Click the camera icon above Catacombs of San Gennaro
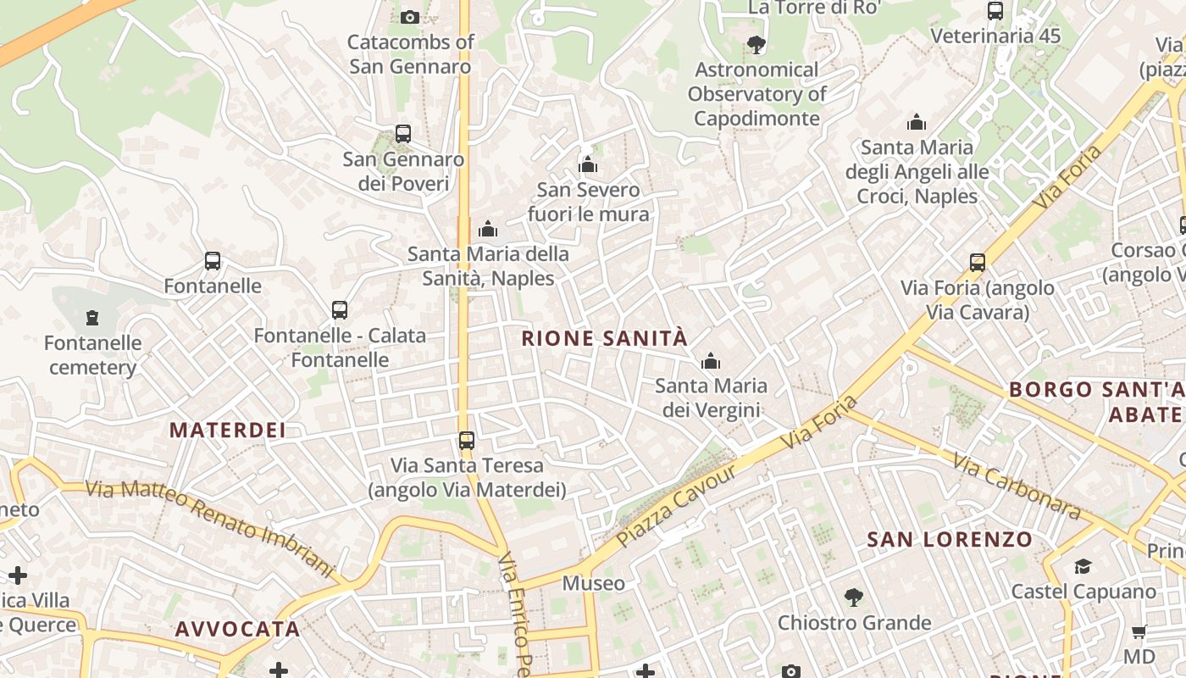coord(409,17)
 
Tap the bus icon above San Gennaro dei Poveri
coord(403,134)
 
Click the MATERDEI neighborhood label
coord(227,430)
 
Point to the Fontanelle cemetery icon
coord(92,318)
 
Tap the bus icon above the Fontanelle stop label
coord(213,261)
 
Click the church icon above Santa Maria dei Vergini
coord(711,362)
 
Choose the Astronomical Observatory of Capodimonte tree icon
coord(756,45)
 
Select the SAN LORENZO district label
coord(950,540)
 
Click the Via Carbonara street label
coord(1017,486)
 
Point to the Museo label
coord(594,583)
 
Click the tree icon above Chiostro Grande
coord(854,597)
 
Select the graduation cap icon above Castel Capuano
coord(1083,566)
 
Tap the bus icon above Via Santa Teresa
coord(467,440)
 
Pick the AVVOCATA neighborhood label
coord(237,629)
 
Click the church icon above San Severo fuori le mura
coord(588,164)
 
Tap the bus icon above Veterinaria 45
coord(995,11)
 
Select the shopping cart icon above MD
coord(1139,631)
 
